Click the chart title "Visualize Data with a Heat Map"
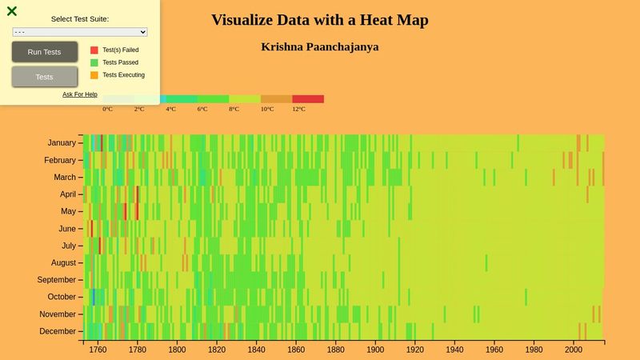click(x=319, y=20)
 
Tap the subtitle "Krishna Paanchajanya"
click(x=319, y=46)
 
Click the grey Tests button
click(x=45, y=77)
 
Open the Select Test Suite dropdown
click(x=80, y=32)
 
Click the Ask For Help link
click(x=80, y=94)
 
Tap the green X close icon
click(x=12, y=11)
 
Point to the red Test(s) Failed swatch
click(x=94, y=50)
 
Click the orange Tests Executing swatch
click(x=94, y=75)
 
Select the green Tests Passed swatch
click(x=94, y=62)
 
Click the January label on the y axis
click(x=61, y=143)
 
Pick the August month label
click(x=63, y=262)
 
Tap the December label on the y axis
click(x=58, y=331)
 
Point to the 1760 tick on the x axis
click(x=98, y=350)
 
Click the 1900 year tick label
click(x=375, y=350)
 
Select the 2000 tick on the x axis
click(x=574, y=350)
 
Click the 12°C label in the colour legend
click(x=298, y=109)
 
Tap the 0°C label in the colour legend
click(x=107, y=109)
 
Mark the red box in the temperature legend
click(x=308, y=99)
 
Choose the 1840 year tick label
click(x=256, y=350)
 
